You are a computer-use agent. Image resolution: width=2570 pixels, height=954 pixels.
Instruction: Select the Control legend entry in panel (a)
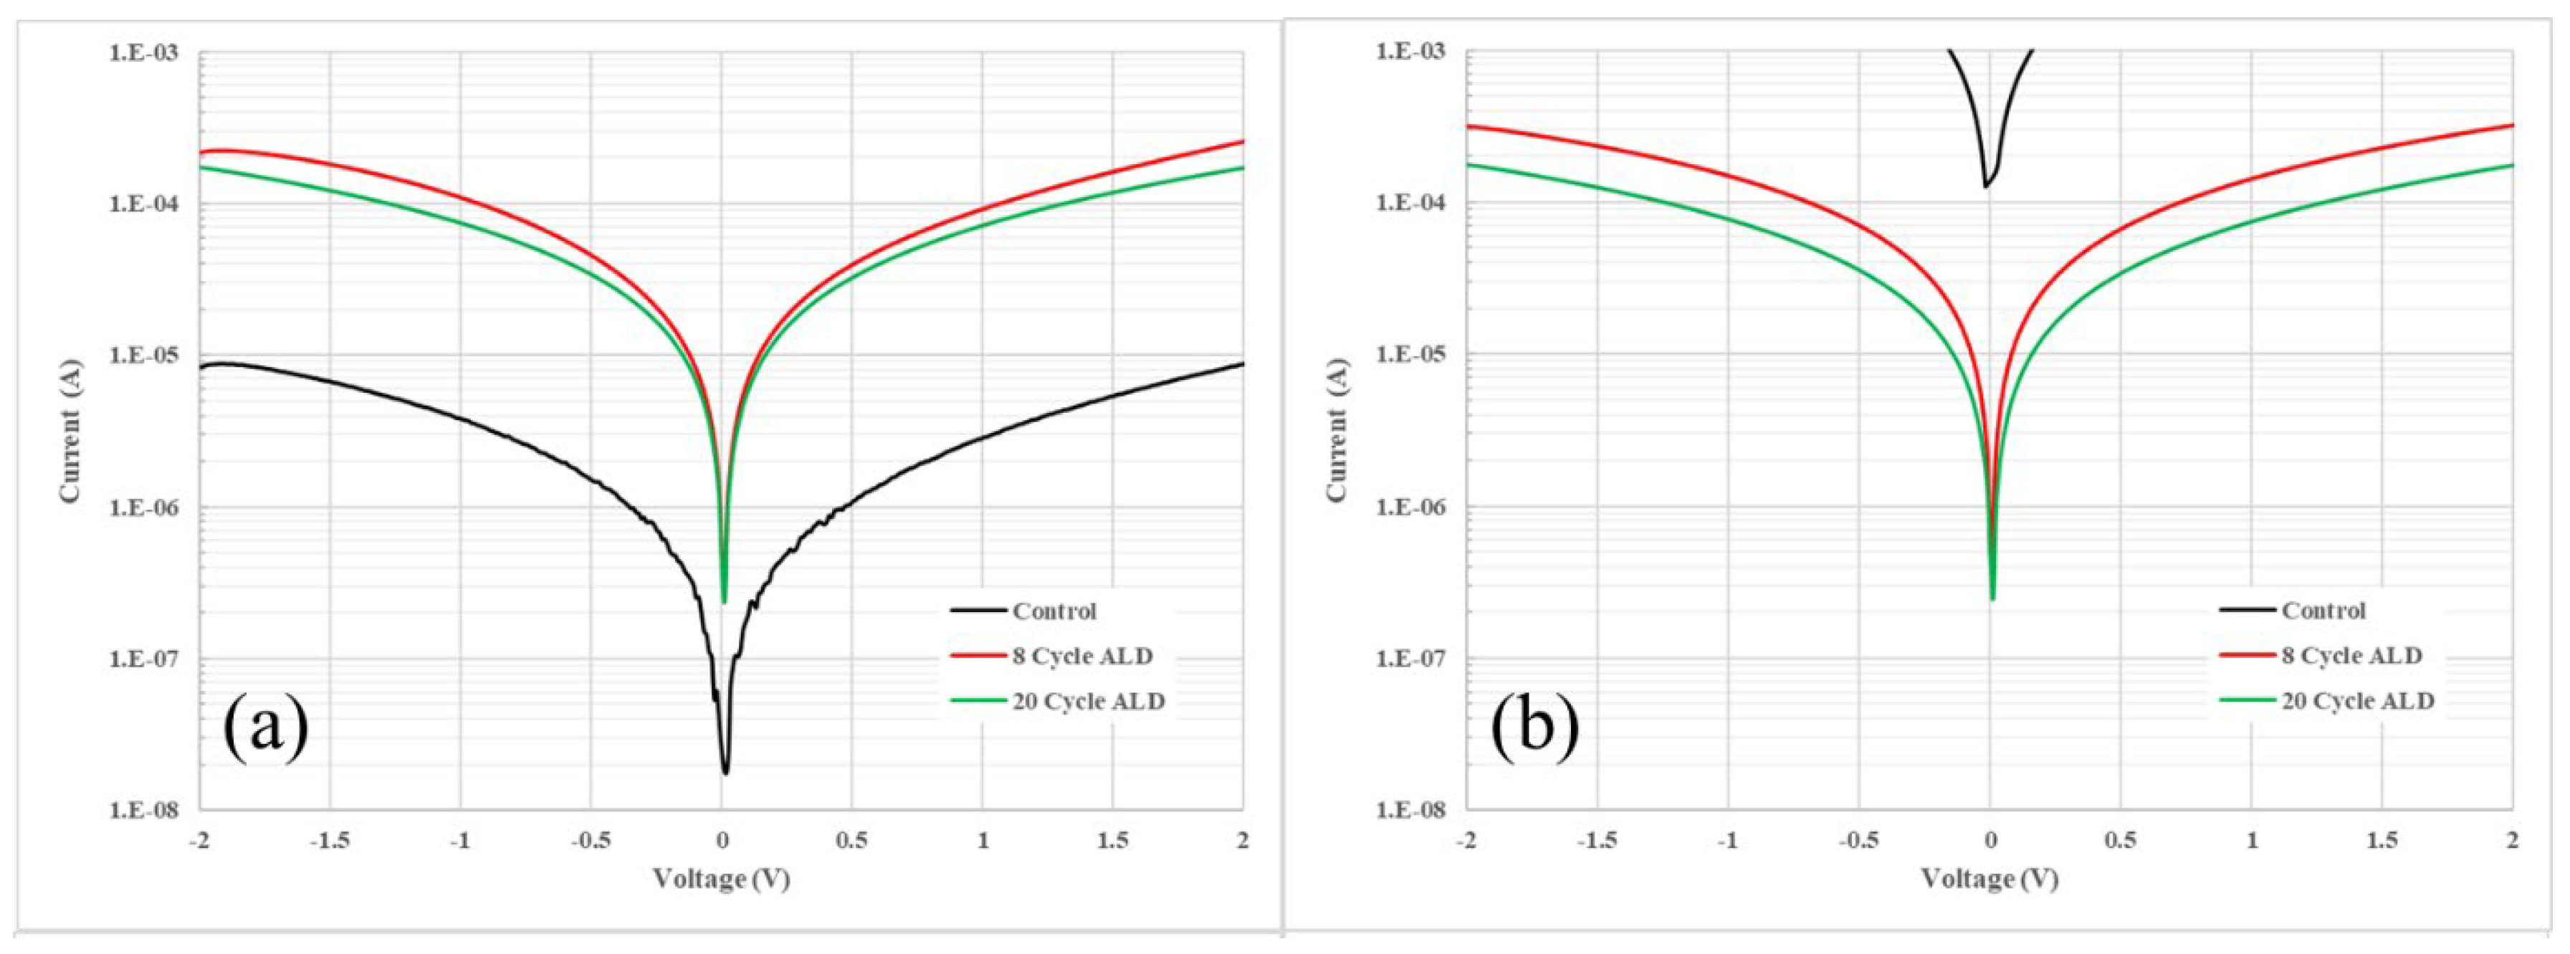[x=1054, y=611]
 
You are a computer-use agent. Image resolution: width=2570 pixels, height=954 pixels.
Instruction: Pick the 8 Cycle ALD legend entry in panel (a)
[x=1081, y=656]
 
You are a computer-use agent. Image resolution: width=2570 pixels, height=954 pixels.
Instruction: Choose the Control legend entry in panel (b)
[x=2323, y=610]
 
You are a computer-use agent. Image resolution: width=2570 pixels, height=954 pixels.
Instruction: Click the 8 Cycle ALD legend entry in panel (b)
[x=2351, y=656]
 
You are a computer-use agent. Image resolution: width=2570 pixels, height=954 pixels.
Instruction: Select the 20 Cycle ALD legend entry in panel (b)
[x=2356, y=702]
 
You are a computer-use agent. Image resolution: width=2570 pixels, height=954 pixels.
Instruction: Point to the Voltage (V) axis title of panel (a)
[x=721, y=879]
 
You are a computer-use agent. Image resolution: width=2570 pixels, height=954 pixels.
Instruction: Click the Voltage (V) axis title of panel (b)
[x=1990, y=879]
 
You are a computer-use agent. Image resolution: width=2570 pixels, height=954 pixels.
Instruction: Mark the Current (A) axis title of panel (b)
[x=1338, y=431]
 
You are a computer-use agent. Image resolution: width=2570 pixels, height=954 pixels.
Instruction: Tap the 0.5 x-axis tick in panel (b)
[x=2121, y=841]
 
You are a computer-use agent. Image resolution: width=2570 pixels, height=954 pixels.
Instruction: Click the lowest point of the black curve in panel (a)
[x=725, y=773]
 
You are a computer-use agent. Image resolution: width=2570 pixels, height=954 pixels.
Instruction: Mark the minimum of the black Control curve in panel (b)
[x=1985, y=186]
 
